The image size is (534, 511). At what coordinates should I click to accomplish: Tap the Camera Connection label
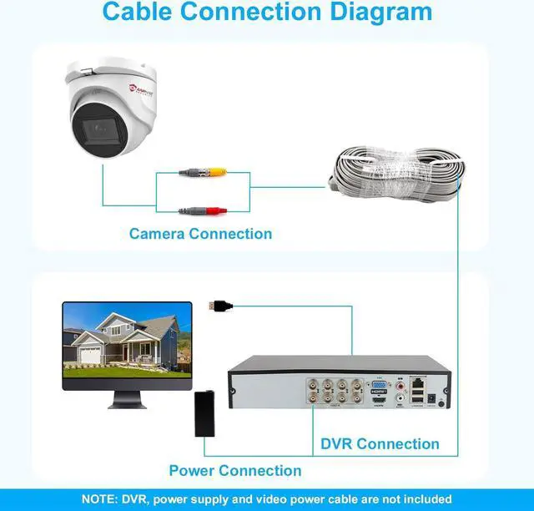pyautogui.click(x=200, y=234)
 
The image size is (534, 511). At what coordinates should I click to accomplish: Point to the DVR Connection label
pyautogui.click(x=380, y=444)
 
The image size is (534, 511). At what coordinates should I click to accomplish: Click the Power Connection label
pyautogui.click(x=235, y=471)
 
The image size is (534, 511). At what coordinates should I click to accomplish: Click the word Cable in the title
pyautogui.click(x=138, y=13)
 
